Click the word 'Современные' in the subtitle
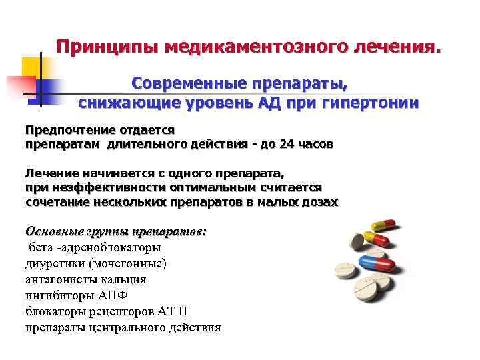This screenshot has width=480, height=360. click(187, 85)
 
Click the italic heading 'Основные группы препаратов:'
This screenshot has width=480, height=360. click(116, 232)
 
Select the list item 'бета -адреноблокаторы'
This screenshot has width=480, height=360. click(94, 247)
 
